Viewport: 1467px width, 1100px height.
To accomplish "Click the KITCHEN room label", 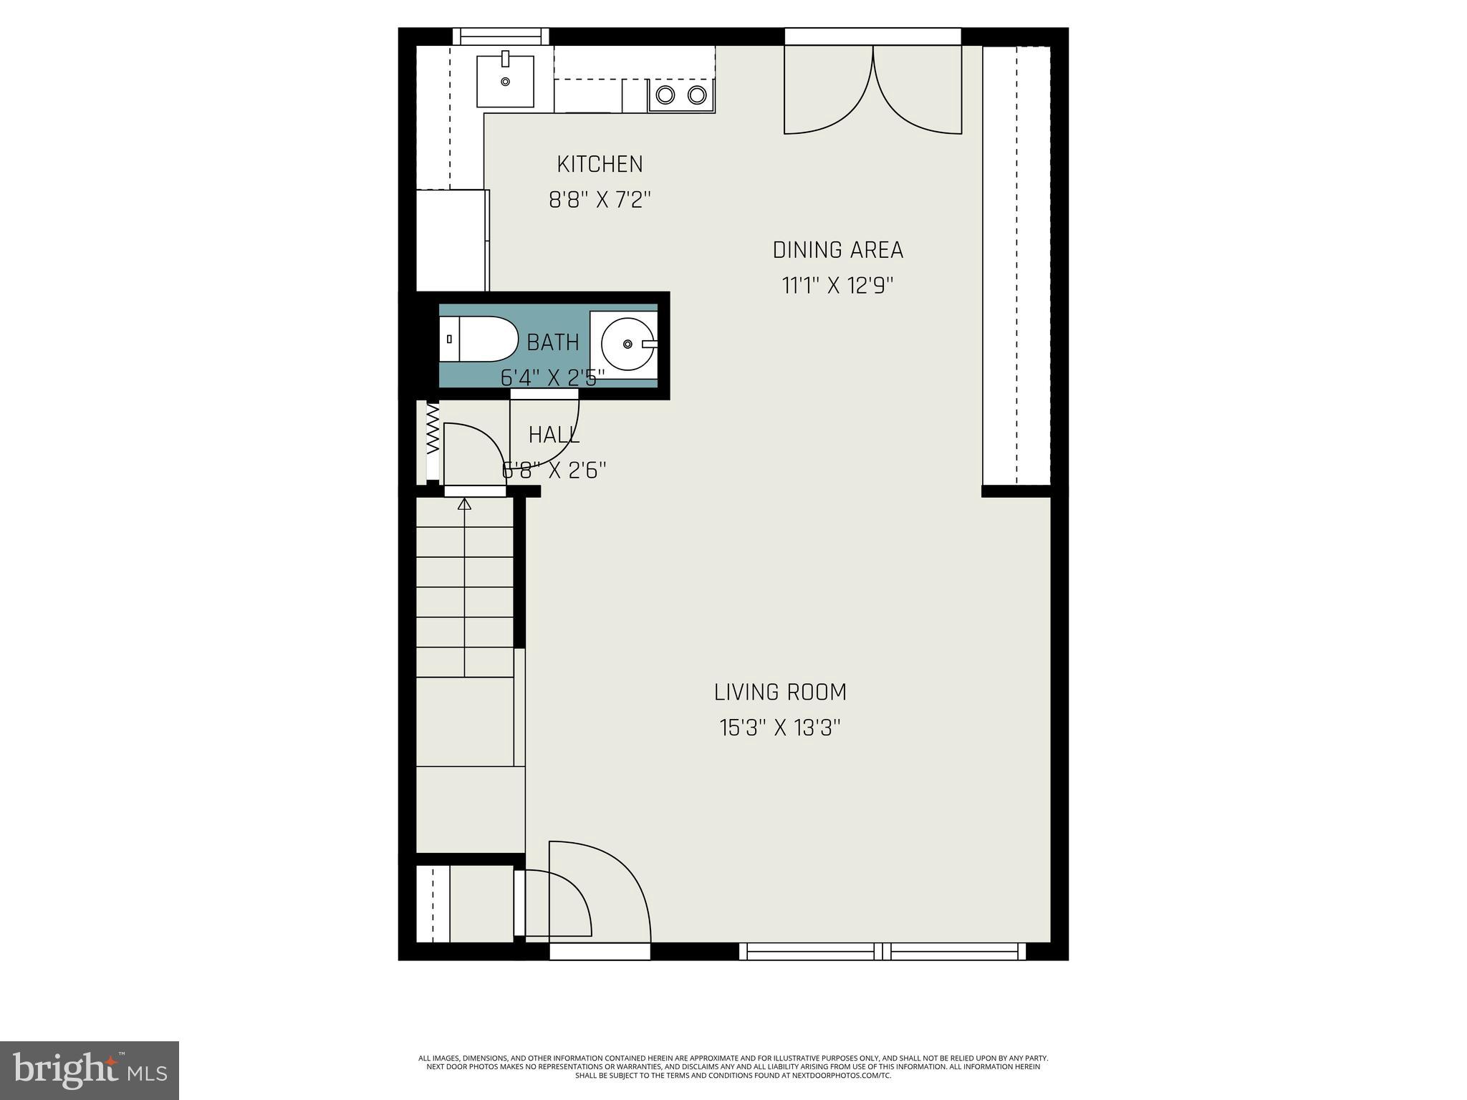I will (600, 164).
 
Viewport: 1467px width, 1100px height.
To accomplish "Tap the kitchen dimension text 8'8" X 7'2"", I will (600, 200).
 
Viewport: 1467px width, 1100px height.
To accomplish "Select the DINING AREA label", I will (837, 250).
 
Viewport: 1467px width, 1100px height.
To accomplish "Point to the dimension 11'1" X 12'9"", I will (837, 286).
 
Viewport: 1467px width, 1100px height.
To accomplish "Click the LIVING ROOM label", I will (780, 692).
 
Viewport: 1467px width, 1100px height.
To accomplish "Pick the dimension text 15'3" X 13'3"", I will (780, 728).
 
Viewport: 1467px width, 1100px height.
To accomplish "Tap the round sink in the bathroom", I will (627, 344).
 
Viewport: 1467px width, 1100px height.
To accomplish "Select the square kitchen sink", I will (505, 81).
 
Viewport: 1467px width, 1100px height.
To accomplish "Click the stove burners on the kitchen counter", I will (681, 95).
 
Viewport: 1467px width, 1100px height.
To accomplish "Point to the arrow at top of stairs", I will (464, 504).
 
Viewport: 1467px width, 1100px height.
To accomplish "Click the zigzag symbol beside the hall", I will (433, 430).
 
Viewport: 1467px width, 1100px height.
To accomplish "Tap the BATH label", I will (552, 342).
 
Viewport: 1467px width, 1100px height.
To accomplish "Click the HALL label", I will (554, 435).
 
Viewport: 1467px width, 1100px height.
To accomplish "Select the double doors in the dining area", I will (872, 90).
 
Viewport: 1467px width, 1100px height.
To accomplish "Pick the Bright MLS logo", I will (90, 1070).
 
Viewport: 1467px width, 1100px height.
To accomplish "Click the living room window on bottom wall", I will (882, 951).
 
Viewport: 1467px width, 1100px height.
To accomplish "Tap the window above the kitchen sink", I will (501, 36).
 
